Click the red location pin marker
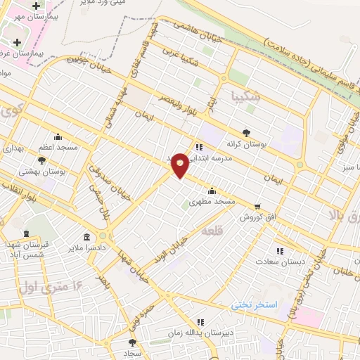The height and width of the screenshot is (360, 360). click(180, 165)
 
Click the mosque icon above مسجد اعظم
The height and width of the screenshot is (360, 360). click(58, 138)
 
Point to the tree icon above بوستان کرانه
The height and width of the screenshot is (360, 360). click(246, 131)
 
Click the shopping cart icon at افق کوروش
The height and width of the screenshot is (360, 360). click(257, 207)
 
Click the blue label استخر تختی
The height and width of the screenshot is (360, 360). click(255, 304)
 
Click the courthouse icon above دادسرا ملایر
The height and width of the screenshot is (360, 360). click(86, 237)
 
